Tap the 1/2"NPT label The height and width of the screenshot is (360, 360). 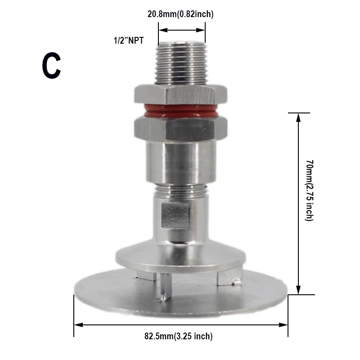point(128,41)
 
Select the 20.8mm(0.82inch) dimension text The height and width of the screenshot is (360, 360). point(180,14)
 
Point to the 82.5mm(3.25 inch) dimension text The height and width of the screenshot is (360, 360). point(179,336)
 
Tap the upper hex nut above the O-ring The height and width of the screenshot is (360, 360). point(180,94)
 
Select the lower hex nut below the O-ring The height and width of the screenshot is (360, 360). point(180,129)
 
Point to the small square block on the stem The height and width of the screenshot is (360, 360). point(175,216)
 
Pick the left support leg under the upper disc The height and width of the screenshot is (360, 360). point(146,275)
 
